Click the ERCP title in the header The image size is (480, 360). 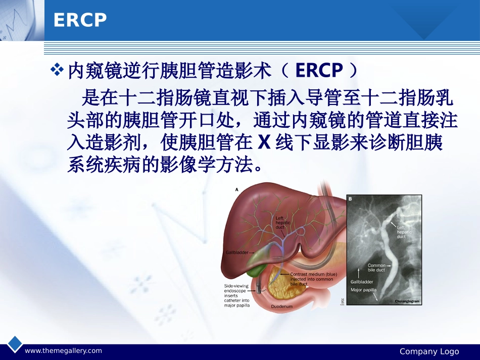(80, 20)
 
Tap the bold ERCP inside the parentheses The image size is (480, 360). (319, 71)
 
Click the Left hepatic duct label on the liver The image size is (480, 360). (281, 223)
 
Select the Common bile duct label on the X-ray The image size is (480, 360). (376, 267)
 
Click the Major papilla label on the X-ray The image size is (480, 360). (363, 290)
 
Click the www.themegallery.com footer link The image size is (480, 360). (63, 351)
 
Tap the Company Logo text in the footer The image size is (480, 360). (429, 351)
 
